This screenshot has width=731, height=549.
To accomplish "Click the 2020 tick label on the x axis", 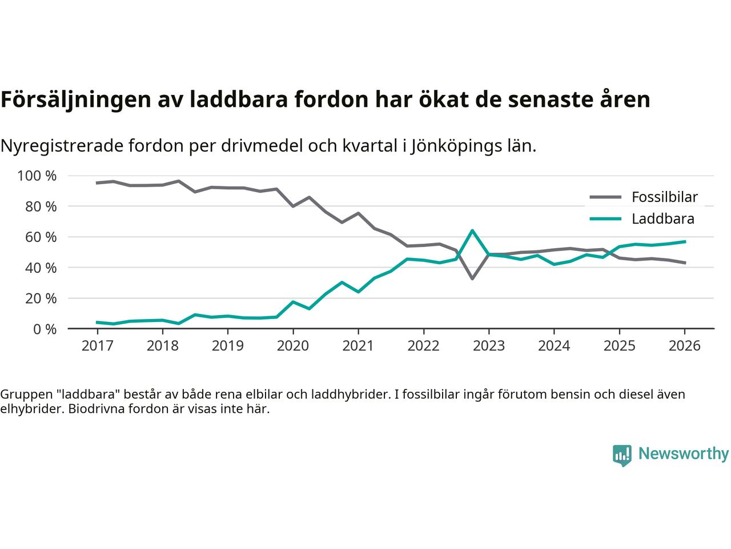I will pos(293,346).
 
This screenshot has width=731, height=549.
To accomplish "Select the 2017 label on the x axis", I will pos(97,346).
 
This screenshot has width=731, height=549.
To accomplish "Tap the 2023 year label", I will pos(489,346).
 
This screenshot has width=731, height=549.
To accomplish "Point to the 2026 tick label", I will pos(685,346).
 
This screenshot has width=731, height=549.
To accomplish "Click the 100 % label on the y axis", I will pos(37,176).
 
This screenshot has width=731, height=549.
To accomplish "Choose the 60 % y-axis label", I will pos(41,237).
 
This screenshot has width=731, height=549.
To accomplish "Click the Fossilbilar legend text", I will pos(665,197).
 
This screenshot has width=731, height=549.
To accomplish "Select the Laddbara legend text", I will pos(662,219).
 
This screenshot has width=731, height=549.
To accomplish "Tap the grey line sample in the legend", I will pos(605,197).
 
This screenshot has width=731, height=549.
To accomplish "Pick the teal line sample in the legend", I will pos(605,219).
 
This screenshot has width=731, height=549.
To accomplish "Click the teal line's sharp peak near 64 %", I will pos(472,230).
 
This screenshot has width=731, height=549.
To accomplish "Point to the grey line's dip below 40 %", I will pos(472,279).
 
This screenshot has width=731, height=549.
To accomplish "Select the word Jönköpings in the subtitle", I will pos(445,146).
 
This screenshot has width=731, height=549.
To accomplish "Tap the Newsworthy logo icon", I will pos(622,455).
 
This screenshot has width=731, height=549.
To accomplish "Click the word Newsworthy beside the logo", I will pos(683,454).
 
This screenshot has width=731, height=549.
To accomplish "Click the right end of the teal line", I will pos(685,241).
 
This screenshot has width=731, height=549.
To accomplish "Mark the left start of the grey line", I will pos(97,183).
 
